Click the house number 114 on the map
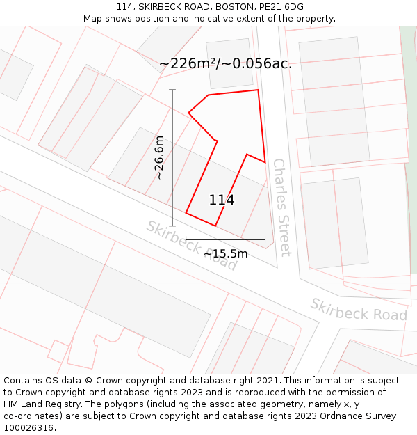pyautogui.click(x=222, y=200)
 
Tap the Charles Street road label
pyautogui.click(x=281, y=207)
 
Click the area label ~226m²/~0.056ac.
pyautogui.click(x=225, y=63)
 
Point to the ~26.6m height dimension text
pyautogui.click(x=159, y=157)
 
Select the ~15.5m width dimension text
pyautogui.click(x=225, y=254)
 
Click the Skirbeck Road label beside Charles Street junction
pyautogui.click(x=191, y=246)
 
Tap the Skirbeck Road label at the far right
pyautogui.click(x=358, y=310)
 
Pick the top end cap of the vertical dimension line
pyautogui.click(x=172, y=90)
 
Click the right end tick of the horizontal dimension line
pyautogui.click(x=265, y=239)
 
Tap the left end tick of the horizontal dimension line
pyautogui.click(x=186, y=239)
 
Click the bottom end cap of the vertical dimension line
pyautogui.click(x=172, y=226)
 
